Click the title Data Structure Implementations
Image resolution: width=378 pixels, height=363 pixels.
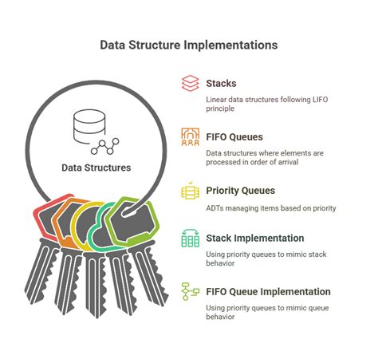click(189, 45)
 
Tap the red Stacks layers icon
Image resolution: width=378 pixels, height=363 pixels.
click(190, 84)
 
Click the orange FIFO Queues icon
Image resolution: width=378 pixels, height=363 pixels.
click(190, 136)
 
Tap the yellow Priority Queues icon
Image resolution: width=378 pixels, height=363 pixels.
click(190, 192)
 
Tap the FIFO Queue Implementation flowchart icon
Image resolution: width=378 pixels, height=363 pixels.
click(190, 291)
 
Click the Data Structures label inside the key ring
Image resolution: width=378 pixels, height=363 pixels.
click(96, 168)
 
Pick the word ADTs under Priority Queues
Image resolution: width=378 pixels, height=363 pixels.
click(218, 208)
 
